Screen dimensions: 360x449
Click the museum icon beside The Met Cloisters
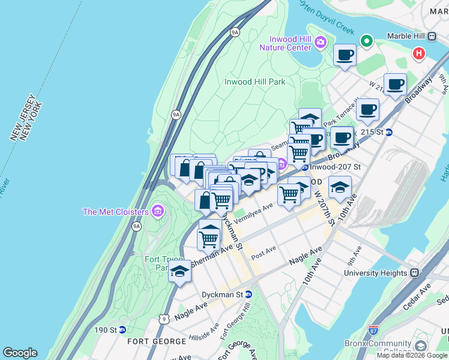(x=158, y=211)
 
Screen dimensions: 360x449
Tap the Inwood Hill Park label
(x=255, y=82)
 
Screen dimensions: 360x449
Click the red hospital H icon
(x=418, y=54)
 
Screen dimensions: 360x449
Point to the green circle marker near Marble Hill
(x=366, y=41)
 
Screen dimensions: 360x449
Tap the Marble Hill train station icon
(x=432, y=35)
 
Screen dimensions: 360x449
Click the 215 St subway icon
(x=388, y=132)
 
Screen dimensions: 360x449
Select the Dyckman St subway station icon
(x=249, y=295)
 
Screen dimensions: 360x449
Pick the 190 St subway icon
(x=122, y=329)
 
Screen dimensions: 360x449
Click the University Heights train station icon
(x=414, y=272)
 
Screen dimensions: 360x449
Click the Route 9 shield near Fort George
(x=164, y=319)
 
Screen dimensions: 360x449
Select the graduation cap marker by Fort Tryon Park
(x=179, y=271)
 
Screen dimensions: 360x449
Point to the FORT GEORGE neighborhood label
(x=157, y=341)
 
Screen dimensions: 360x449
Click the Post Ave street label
(x=264, y=253)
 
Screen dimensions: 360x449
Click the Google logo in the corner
(x=20, y=353)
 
